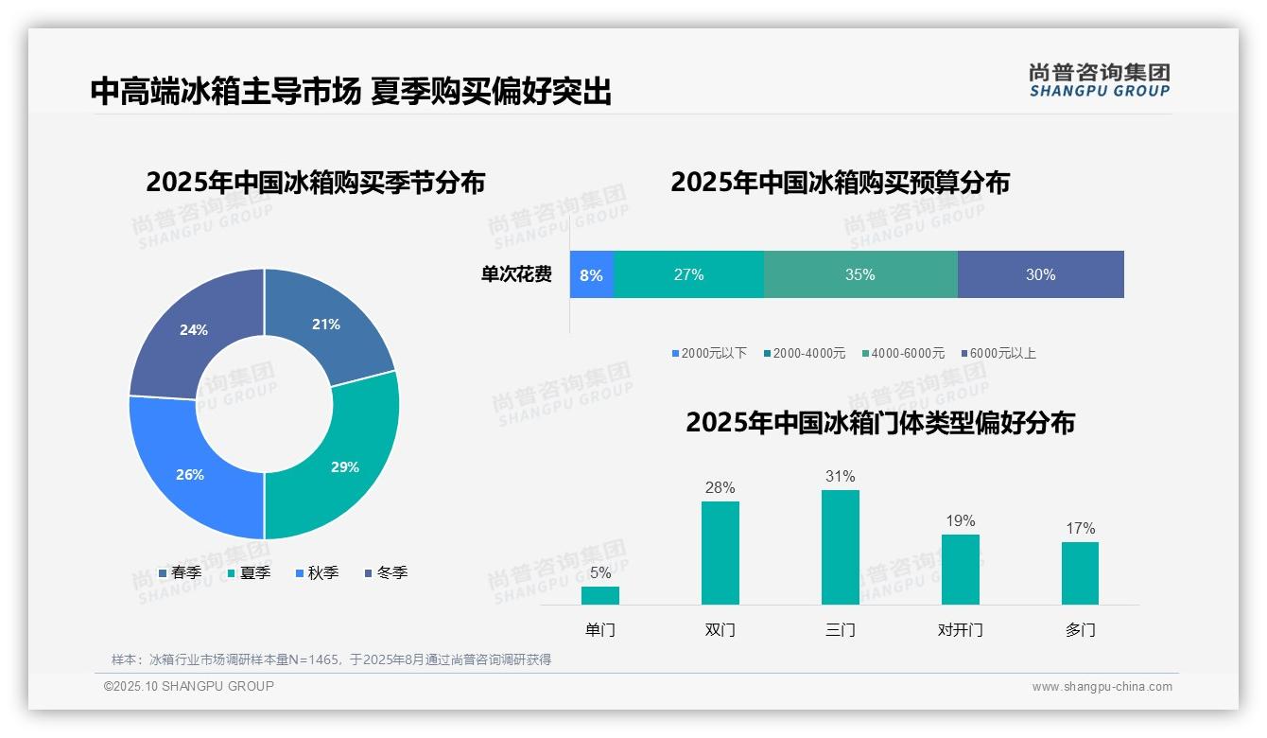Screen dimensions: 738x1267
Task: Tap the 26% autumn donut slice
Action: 190,474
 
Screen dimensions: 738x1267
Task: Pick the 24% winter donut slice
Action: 194,330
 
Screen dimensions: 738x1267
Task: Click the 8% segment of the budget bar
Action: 592,275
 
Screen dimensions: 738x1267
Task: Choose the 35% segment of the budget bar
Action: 860,275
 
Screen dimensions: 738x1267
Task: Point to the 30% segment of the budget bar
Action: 1040,275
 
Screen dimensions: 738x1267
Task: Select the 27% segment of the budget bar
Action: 688,275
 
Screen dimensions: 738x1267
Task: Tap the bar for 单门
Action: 600,595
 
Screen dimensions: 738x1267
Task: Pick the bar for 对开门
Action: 960,569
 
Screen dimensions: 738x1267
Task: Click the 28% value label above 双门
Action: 720,488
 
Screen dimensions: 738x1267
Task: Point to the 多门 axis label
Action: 1080,630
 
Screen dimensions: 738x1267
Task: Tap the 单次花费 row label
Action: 516,275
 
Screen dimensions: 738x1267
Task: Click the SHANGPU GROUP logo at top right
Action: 1099,80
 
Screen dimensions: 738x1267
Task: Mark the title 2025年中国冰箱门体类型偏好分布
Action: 880,423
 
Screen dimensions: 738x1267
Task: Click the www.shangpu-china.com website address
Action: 1102,687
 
